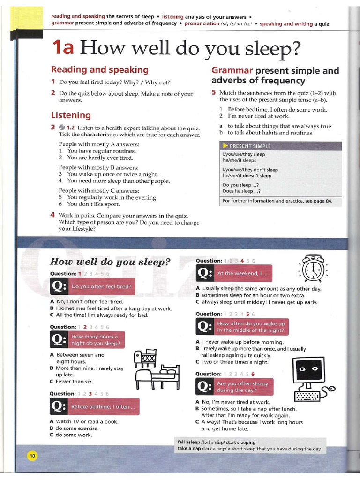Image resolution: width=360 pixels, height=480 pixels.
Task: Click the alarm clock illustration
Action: point(313,270)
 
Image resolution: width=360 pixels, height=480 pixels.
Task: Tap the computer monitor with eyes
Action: point(308,370)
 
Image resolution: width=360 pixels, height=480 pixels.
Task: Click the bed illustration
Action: point(158,376)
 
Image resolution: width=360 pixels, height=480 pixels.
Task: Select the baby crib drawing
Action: point(145,358)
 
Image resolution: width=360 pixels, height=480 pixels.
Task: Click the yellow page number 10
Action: point(32,455)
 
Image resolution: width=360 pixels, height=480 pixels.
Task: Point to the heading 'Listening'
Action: point(71,115)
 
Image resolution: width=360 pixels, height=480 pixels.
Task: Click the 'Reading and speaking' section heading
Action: point(99,70)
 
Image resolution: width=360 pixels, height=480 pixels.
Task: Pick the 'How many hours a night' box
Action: point(97,340)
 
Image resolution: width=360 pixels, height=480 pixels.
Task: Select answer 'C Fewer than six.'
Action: point(71,382)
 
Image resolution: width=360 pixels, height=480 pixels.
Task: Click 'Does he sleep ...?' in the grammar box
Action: point(241,191)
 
